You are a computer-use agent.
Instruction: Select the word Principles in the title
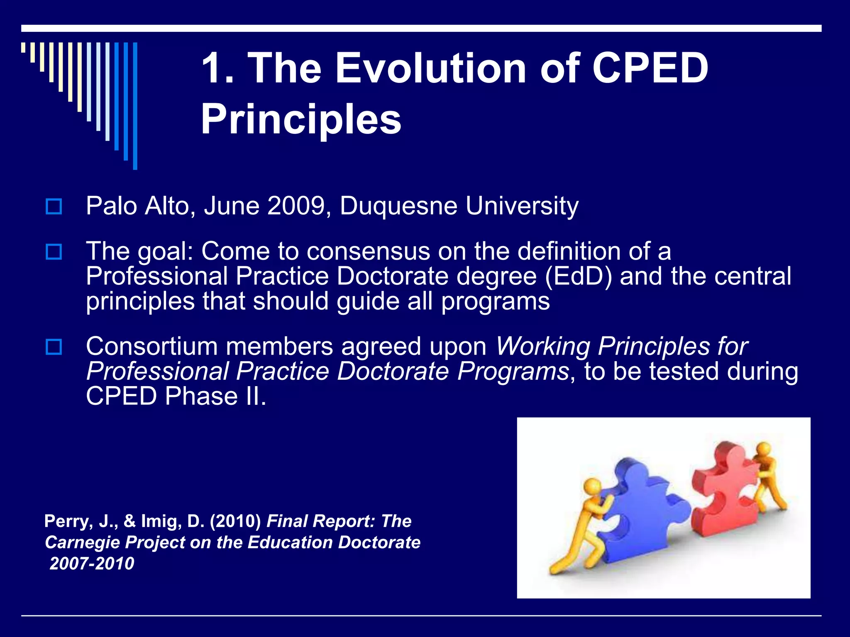(301, 119)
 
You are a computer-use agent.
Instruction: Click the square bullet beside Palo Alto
(54, 206)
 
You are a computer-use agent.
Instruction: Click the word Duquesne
(398, 206)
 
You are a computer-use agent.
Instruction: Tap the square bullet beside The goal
(54, 252)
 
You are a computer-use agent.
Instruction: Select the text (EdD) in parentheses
(578, 276)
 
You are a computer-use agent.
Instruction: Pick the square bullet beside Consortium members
(54, 347)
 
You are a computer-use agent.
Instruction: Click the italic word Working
(542, 346)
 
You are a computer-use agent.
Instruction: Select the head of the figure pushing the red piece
(763, 449)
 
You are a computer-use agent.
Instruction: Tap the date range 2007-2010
(92, 564)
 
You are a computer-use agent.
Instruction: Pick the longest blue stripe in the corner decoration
(135, 106)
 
